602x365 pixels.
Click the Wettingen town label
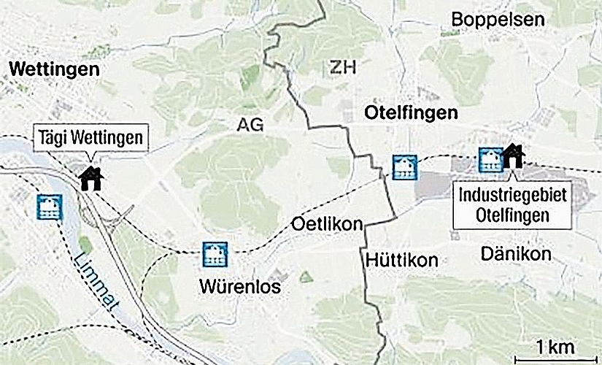(x=54, y=70)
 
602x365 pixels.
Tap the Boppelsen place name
(x=498, y=20)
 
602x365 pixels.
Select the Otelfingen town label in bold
(x=410, y=113)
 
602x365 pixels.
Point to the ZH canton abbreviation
(x=341, y=69)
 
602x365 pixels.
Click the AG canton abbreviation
(x=250, y=125)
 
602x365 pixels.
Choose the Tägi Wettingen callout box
(x=90, y=137)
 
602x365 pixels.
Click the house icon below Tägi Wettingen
(x=91, y=177)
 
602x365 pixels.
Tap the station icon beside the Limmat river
(x=50, y=207)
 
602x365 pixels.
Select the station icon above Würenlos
(x=215, y=253)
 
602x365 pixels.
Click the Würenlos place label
(x=239, y=287)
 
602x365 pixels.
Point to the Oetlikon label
(x=327, y=224)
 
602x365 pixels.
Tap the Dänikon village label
(x=517, y=253)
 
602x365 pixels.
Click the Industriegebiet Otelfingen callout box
(x=511, y=204)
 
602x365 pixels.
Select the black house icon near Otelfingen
(x=514, y=155)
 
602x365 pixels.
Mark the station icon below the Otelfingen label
(x=404, y=167)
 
